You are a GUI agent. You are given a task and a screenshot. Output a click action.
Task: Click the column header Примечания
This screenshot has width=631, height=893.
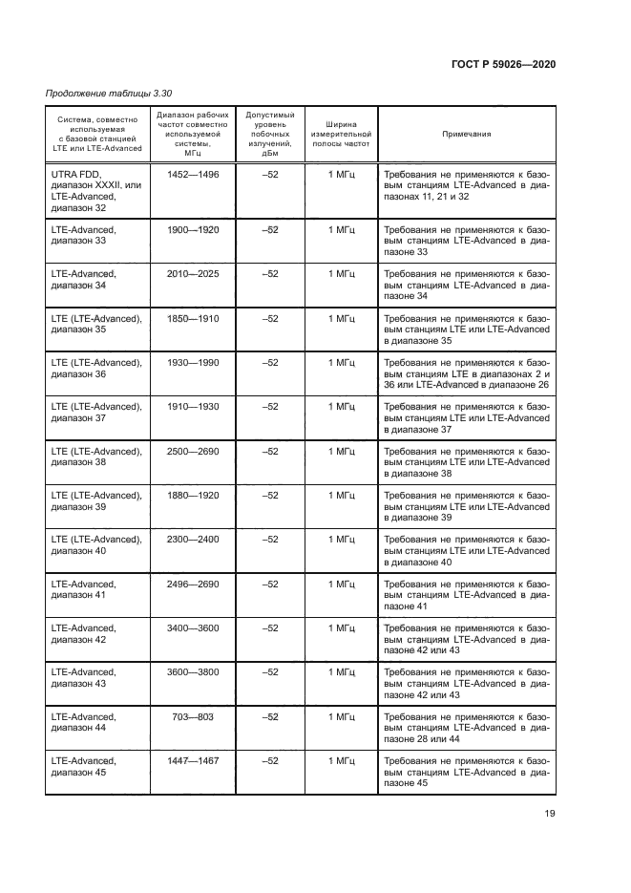tap(466, 134)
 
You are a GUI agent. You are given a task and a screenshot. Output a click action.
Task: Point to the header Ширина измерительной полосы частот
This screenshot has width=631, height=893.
tap(341, 134)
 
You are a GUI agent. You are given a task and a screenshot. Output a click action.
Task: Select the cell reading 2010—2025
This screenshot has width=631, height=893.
tap(193, 273)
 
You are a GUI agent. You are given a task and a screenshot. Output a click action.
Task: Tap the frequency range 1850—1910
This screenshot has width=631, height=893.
tap(193, 318)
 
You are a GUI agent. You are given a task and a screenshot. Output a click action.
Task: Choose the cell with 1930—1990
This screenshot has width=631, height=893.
tap(193, 362)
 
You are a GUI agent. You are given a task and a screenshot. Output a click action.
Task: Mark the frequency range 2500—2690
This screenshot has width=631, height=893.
tap(193, 451)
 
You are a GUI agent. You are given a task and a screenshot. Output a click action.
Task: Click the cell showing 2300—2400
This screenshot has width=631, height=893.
tap(193, 540)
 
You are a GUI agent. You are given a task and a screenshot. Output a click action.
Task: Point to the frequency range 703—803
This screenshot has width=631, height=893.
tap(193, 716)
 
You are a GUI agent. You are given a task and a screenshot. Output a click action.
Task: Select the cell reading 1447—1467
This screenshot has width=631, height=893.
tap(193, 761)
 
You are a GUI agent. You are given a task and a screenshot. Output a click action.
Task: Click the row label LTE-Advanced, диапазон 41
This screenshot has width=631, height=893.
tap(84, 589)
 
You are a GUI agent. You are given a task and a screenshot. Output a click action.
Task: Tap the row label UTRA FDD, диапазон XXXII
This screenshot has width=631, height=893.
tap(95, 190)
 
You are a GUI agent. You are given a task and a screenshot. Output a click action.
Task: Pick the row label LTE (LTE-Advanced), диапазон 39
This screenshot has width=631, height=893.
tap(95, 500)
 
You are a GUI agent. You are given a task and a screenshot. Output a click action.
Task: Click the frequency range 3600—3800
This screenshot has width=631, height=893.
tap(193, 672)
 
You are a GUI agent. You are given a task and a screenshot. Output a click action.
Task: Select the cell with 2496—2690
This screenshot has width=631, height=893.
tap(193, 584)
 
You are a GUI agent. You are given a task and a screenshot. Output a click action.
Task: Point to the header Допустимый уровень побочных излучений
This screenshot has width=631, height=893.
tap(270, 134)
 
